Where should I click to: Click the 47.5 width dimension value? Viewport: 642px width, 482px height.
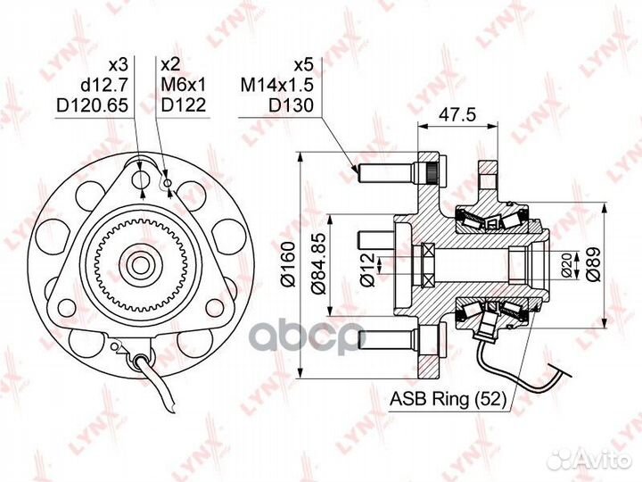click(x=457, y=115)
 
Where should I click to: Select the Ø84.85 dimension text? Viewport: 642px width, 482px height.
click(x=318, y=264)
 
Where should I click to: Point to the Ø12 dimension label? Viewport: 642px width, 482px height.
click(x=366, y=269)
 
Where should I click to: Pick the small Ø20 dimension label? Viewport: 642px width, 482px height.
click(x=567, y=265)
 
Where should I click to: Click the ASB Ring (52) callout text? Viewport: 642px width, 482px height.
click(x=448, y=398)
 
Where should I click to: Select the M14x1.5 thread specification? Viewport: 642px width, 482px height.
click(x=276, y=86)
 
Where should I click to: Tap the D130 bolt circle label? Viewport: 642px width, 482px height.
click(x=291, y=105)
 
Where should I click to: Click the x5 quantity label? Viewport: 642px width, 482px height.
click(x=304, y=65)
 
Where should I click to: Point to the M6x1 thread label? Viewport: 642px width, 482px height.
click(x=184, y=86)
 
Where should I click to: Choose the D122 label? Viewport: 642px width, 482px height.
click(x=184, y=105)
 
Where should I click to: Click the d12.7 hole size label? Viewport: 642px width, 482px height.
click(x=105, y=86)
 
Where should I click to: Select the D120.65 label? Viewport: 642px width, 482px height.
click(x=92, y=105)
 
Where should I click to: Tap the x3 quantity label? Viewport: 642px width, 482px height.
click(x=119, y=65)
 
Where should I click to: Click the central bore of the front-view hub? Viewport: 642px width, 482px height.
click(x=141, y=265)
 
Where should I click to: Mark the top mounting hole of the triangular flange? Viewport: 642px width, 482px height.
click(x=142, y=179)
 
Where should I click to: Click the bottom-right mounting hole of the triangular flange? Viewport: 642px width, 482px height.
click(x=215, y=307)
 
